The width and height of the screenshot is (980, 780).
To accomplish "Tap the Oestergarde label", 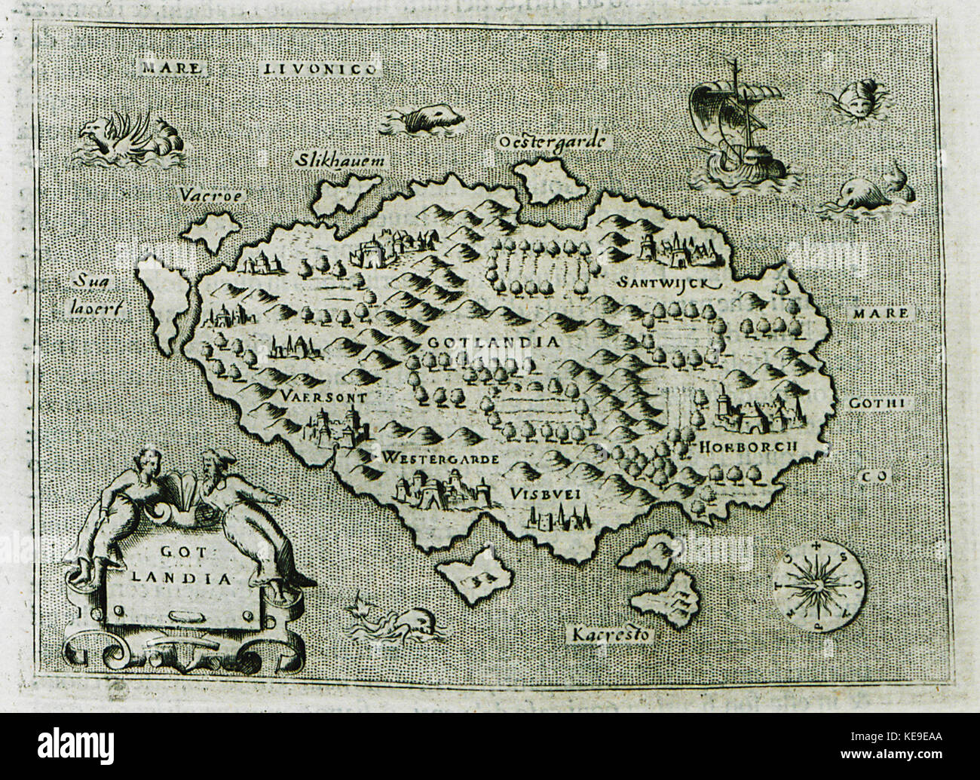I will [x=555, y=141].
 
